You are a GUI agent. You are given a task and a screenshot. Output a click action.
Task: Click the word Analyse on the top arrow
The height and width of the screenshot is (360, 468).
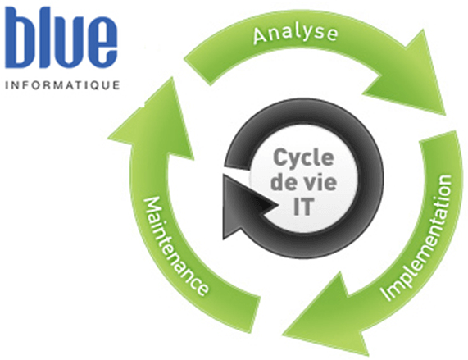(x=295, y=34)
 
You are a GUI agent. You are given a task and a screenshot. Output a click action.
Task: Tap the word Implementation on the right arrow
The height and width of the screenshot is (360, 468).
(x=418, y=237)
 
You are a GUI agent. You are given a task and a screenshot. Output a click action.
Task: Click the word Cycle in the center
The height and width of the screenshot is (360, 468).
(x=303, y=159)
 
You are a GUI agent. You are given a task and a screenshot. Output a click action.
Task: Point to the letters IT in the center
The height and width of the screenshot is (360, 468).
(x=303, y=207)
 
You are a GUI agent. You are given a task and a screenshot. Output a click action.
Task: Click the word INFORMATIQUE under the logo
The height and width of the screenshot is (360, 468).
(x=62, y=85)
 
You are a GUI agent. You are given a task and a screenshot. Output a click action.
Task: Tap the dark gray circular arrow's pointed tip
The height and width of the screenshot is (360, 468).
(x=279, y=205)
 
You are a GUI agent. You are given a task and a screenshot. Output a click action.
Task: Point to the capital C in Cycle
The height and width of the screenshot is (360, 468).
(x=279, y=157)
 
